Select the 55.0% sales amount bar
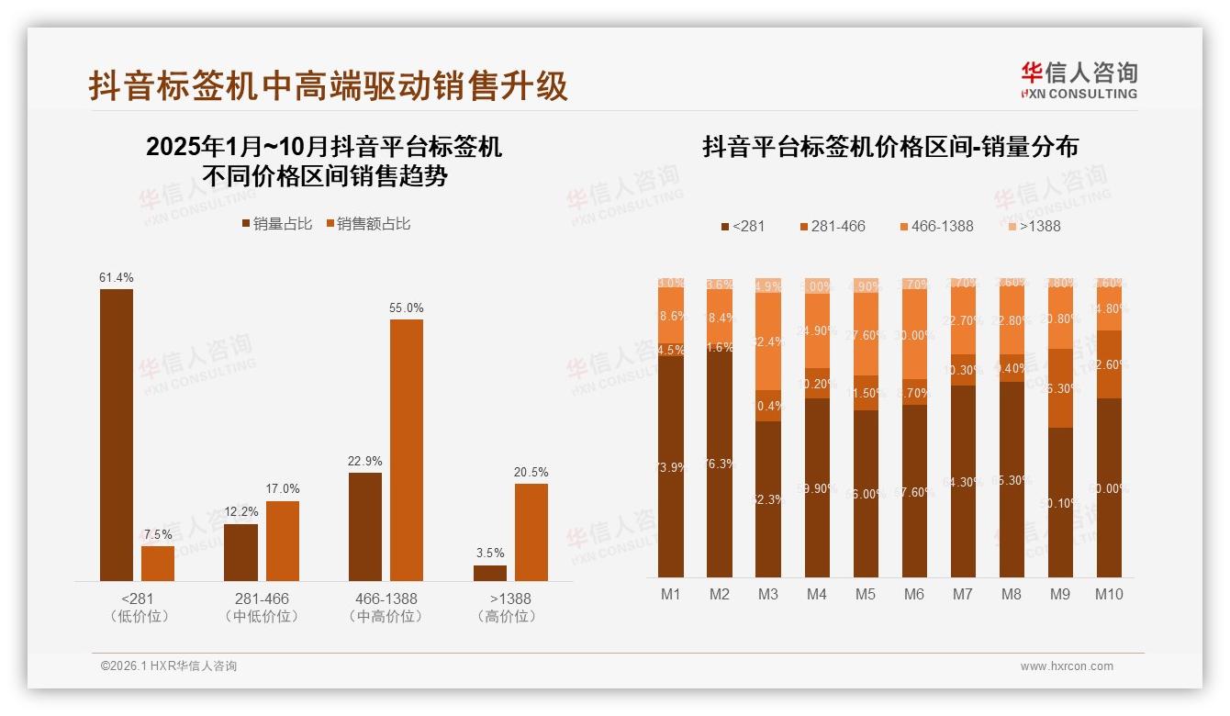[407, 450]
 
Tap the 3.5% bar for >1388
[490, 573]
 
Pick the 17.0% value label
[284, 489]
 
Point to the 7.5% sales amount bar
[158, 563]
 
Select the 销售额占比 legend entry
[368, 224]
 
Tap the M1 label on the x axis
[671, 594]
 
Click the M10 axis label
[1109, 594]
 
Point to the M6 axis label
[914, 594]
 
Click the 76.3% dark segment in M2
[720, 463]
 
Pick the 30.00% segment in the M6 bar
[914, 335]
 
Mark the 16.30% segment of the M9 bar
[1060, 388]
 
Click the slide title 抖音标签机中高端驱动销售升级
[329, 85]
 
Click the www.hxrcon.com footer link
[1067, 666]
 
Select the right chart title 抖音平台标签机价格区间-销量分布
[889, 147]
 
